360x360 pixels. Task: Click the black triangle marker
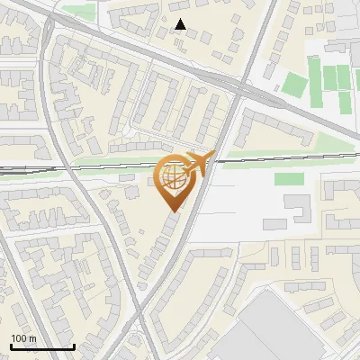(181, 25)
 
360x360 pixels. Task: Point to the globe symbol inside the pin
(175, 177)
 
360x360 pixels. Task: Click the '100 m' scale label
(23, 337)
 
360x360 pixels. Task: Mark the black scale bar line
(41, 346)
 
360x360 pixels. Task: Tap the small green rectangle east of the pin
(287, 179)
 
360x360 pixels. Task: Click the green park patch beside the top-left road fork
(78, 12)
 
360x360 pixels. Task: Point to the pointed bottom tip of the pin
(175, 211)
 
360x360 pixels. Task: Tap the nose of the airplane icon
(213, 156)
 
